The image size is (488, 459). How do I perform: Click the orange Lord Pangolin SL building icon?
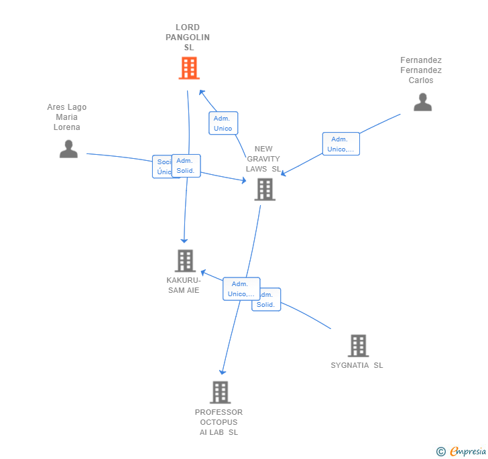click(x=189, y=68)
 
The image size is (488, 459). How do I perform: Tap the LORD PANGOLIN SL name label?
click(x=188, y=38)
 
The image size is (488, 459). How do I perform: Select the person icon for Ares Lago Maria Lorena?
click(x=68, y=149)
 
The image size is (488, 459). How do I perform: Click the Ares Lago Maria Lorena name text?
click(x=67, y=117)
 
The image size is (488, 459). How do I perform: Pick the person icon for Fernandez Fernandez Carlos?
click(x=422, y=102)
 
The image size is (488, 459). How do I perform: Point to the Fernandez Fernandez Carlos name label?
click(x=421, y=70)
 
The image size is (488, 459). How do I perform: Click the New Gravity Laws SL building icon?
click(x=265, y=190)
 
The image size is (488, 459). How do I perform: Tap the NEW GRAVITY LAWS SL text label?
click(x=263, y=159)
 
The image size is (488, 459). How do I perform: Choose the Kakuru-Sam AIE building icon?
click(x=184, y=261)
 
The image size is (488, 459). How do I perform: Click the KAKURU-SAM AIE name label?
click(x=184, y=285)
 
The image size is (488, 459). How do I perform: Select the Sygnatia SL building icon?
click(x=358, y=346)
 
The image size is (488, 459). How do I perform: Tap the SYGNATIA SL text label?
click(x=357, y=365)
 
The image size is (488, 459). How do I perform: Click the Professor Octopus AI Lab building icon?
click(x=220, y=393)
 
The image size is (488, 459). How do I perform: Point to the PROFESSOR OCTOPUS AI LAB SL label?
click(x=219, y=422)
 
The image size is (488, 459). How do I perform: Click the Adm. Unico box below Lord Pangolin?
click(x=223, y=123)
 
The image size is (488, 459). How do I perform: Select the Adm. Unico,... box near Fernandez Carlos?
click(x=341, y=144)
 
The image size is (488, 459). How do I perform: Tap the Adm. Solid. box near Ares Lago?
click(x=186, y=166)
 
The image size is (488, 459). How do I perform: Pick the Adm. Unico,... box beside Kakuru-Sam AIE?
click(x=241, y=289)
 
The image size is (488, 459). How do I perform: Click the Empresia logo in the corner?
click(x=462, y=452)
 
